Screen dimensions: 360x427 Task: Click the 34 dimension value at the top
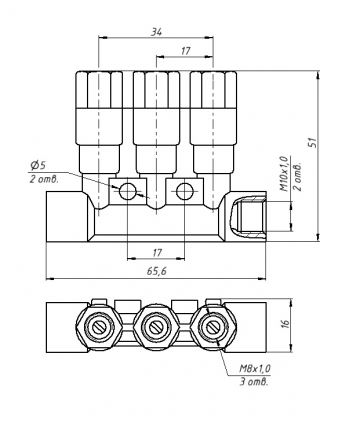156,32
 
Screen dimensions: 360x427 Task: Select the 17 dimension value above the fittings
185,51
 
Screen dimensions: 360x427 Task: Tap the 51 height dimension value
312,142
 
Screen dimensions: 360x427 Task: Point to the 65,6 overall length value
156,271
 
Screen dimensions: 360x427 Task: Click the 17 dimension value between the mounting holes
157,252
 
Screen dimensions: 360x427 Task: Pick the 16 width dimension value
286,323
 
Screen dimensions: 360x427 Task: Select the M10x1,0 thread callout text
283,173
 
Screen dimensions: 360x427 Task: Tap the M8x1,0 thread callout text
255,368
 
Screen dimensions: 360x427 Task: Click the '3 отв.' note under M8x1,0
254,382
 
